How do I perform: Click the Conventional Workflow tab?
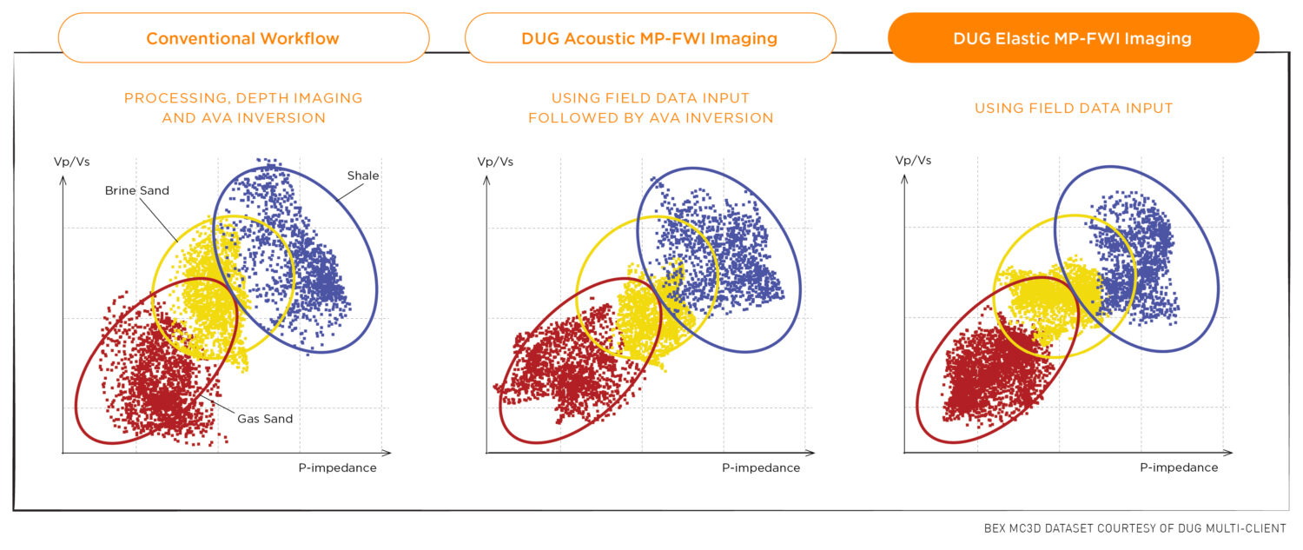point(243,38)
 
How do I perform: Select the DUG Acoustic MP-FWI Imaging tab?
point(650,38)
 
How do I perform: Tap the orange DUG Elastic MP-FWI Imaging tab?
point(1073,38)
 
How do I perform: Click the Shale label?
point(363,176)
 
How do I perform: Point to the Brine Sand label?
point(136,190)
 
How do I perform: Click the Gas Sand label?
point(265,419)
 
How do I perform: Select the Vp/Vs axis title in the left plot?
point(71,162)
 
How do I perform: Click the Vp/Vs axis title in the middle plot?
point(495,162)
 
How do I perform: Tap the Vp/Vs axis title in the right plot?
point(913,161)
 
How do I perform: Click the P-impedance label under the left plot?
point(337,468)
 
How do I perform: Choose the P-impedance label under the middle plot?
point(761,468)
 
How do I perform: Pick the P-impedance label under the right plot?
point(1179,467)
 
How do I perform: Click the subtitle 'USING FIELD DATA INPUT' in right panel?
point(1073,109)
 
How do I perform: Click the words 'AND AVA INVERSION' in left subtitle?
point(244,118)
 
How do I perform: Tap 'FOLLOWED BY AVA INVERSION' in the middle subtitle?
point(651,118)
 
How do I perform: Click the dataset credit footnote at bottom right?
point(1134,528)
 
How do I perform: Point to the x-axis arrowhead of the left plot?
point(387,452)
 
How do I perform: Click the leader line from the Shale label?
point(350,192)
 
